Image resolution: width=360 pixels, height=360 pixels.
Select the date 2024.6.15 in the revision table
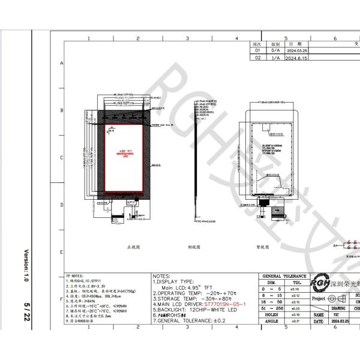point(295,59)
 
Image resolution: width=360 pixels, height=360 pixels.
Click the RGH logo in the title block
point(319,283)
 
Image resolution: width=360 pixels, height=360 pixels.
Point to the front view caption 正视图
point(133,247)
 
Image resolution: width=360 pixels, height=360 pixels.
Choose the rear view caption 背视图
point(262,247)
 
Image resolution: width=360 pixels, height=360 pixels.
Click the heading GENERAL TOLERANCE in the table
point(284,276)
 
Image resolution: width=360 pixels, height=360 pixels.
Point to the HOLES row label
point(271,314)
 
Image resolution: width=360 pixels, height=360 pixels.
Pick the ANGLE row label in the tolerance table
point(271,321)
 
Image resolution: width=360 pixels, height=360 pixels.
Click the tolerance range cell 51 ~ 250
point(271,307)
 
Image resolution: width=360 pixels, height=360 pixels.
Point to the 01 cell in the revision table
point(258,52)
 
